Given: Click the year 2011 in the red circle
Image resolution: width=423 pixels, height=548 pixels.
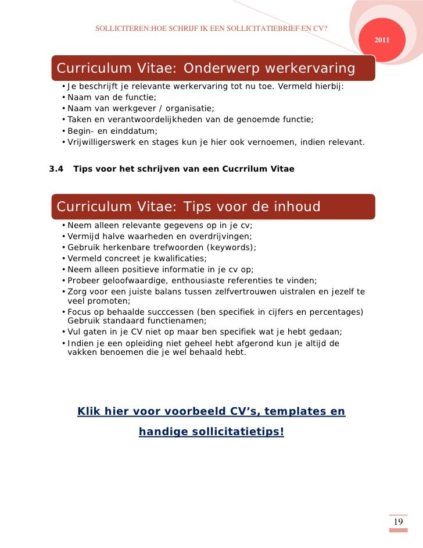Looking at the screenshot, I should [382, 40].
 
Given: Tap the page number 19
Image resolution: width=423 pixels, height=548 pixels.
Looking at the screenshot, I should [398, 522].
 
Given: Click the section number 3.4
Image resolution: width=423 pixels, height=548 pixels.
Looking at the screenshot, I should [56, 169].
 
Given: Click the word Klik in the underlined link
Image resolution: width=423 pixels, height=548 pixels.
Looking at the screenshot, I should [89, 412].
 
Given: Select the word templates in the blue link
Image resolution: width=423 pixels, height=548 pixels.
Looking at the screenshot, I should [293, 412].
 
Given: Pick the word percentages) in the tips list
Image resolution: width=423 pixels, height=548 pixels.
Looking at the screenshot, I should [334, 312].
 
